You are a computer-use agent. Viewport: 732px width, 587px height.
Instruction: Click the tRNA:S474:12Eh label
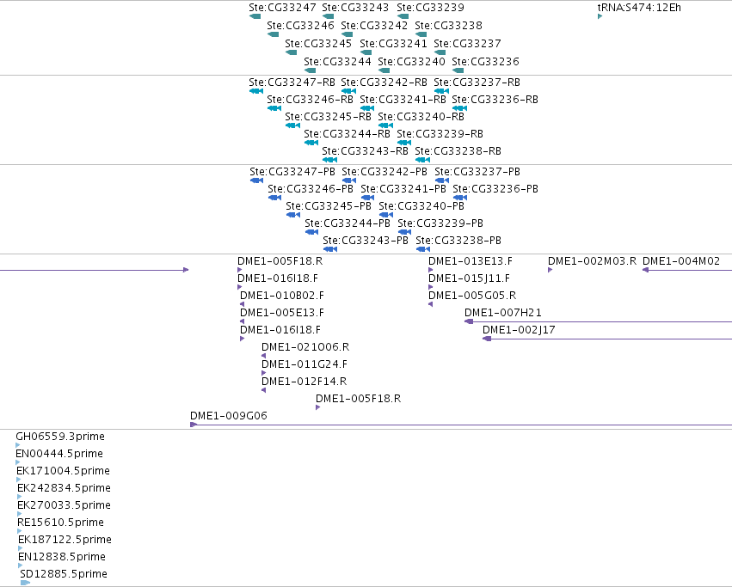(639, 8)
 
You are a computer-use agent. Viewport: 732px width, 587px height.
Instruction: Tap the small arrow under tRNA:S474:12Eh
(600, 16)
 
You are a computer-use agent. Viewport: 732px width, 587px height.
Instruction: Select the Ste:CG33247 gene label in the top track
(282, 8)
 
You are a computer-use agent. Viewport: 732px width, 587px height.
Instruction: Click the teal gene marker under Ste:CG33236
(458, 70)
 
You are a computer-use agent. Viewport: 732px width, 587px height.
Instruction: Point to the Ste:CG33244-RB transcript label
(347, 134)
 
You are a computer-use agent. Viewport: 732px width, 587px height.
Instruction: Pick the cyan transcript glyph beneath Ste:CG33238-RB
(422, 160)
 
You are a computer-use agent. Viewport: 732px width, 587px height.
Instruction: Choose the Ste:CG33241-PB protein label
(403, 189)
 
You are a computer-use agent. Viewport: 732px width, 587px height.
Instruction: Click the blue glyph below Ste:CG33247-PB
(257, 180)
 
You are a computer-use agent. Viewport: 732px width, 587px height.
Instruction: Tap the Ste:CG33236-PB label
(495, 189)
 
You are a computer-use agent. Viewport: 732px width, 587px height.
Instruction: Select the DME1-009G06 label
(229, 416)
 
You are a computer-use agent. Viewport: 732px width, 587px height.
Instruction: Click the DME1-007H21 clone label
(503, 313)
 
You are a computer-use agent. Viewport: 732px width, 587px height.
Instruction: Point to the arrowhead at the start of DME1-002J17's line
(487, 339)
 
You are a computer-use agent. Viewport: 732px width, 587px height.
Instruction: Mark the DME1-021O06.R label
(305, 347)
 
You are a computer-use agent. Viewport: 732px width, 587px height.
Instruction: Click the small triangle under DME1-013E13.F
(430, 270)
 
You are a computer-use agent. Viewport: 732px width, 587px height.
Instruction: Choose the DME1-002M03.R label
(592, 261)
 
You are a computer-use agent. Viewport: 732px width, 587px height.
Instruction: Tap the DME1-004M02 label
(681, 261)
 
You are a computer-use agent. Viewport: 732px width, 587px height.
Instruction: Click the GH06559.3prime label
(60, 437)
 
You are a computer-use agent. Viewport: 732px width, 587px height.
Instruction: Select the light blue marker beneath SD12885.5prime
(25, 583)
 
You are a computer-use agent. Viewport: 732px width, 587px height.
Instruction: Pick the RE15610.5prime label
(61, 523)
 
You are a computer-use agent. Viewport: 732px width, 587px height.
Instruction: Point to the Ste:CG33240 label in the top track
(411, 62)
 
